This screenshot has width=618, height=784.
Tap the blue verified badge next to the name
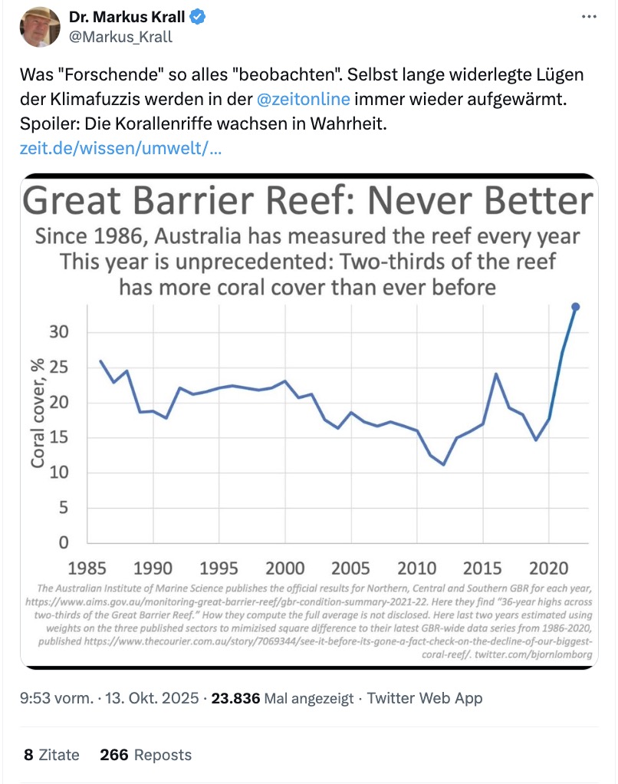click(197, 17)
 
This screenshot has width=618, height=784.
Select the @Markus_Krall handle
click(120, 37)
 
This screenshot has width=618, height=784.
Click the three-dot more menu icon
click(587, 17)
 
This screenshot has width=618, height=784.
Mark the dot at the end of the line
click(576, 307)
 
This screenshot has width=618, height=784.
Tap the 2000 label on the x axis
click(284, 568)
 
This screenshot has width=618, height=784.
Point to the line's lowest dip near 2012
click(443, 464)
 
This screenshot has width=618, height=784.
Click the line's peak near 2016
click(496, 374)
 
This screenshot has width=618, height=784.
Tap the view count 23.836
click(235, 699)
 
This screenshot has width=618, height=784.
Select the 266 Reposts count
click(146, 755)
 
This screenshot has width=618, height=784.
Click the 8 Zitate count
click(51, 755)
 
